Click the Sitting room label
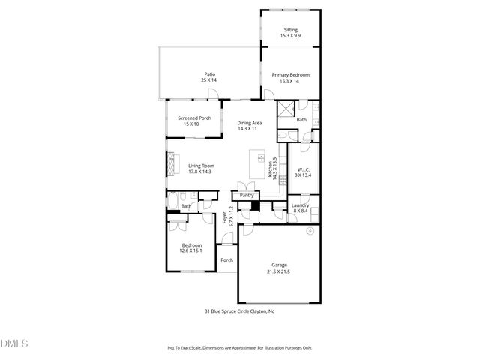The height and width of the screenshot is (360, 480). click(x=290, y=30)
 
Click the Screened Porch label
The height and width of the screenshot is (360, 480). click(x=194, y=118)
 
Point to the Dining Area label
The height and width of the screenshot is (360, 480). click(x=249, y=123)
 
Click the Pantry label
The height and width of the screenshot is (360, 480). click(x=246, y=196)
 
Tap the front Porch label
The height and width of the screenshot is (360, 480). click(x=226, y=260)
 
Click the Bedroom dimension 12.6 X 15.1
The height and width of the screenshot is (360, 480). click(x=191, y=251)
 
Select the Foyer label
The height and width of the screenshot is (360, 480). click(x=226, y=218)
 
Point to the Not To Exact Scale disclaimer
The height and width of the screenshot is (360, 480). click(x=239, y=348)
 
